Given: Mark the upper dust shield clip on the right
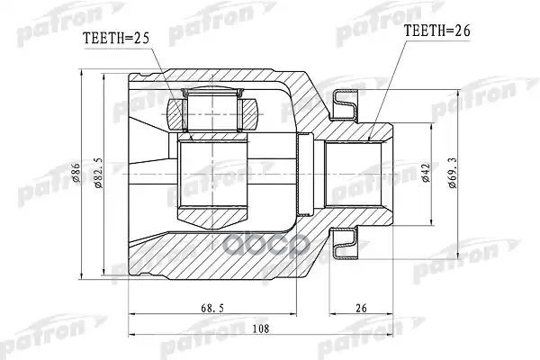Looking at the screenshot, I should (346, 106).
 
